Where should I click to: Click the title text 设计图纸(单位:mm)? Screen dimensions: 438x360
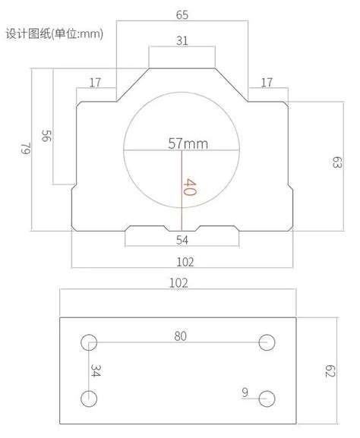(x=54, y=33)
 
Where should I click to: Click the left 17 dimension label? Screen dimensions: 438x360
(x=96, y=82)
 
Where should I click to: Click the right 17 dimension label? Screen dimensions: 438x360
(x=267, y=82)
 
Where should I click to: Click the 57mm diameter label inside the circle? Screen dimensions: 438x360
(x=188, y=143)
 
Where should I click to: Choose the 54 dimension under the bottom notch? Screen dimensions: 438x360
(x=182, y=240)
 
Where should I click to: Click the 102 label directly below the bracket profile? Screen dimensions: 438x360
(x=184, y=262)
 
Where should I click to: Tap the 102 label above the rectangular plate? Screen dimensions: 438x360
(x=178, y=283)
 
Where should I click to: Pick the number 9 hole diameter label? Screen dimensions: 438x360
(x=245, y=392)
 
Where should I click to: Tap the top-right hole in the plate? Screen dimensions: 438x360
(x=266, y=342)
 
